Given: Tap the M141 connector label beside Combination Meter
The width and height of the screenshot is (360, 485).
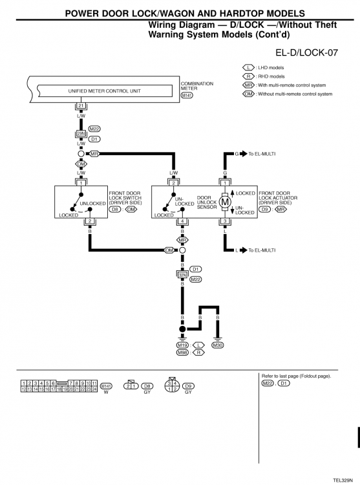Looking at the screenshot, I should (187, 95).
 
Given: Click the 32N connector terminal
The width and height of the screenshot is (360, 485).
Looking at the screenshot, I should (182, 274).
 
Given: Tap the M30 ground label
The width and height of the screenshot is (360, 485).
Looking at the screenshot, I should (218, 345).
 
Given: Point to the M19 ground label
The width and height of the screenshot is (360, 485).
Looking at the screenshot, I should (182, 345).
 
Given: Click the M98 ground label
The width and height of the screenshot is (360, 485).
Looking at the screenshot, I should (182, 352).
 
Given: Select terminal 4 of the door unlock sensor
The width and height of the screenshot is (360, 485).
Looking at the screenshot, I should (182, 222).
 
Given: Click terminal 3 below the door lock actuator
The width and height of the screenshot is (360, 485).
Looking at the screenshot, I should (226, 222).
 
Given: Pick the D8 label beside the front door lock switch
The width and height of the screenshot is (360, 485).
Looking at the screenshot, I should (115, 210).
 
